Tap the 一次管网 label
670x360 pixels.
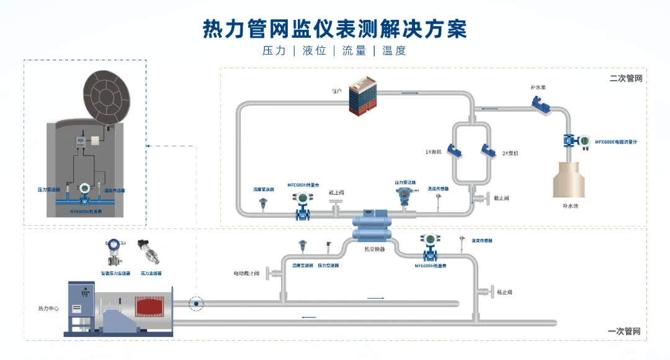tap(624, 331)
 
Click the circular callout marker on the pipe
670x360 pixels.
tap(197, 304)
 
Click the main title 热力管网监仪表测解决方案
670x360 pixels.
tap(335, 29)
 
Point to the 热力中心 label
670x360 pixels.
tap(49, 308)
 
